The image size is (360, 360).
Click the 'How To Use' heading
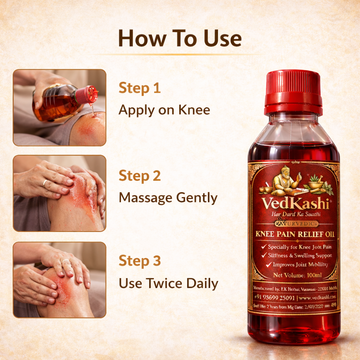pos(180,39)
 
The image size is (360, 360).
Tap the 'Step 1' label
pos(140,88)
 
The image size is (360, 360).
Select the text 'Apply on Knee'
pos(164,110)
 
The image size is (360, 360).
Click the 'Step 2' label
pos(140,176)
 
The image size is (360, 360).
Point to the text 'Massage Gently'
pos(168,198)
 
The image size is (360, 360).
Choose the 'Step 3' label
pos(140,261)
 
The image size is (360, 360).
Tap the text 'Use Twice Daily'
pos(168,283)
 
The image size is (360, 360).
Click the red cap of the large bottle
pos(293,92)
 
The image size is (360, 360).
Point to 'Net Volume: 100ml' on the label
pos(294,275)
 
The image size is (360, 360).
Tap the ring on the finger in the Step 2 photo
pos(45,183)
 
